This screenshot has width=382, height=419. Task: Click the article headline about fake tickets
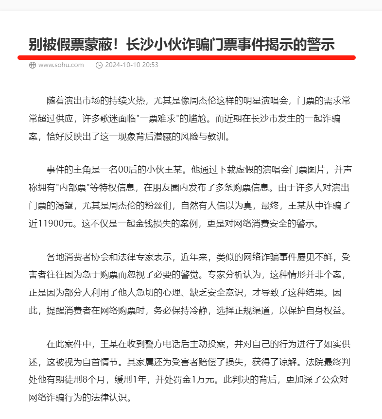coord(182,44)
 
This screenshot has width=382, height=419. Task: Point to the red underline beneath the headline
coord(187,57)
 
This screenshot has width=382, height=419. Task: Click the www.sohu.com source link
coord(61,65)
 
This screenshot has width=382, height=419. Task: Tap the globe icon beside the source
coord(33,65)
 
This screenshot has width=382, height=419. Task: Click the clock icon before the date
coord(99,65)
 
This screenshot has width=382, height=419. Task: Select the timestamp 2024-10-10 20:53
coord(131,65)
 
